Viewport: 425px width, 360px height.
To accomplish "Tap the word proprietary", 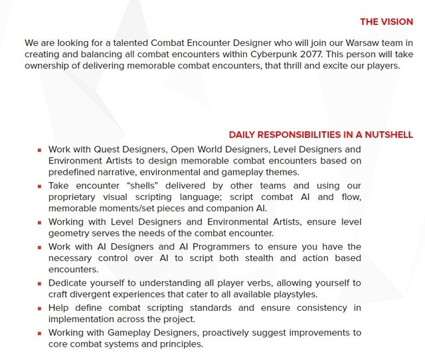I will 74,197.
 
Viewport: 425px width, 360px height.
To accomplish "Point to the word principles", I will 177,343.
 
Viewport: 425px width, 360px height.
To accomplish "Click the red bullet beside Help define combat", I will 40,308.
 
